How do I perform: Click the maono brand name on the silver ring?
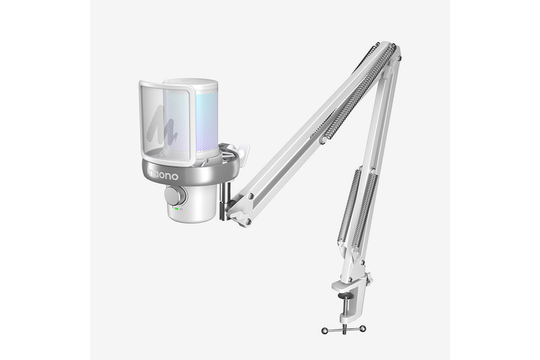point(163,174)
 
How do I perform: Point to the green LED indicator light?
point(176,209)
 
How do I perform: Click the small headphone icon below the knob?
point(181,209)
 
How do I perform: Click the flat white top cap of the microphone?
point(191,83)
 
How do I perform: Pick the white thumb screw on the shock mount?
point(245,151)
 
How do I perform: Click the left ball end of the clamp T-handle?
point(324,330)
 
